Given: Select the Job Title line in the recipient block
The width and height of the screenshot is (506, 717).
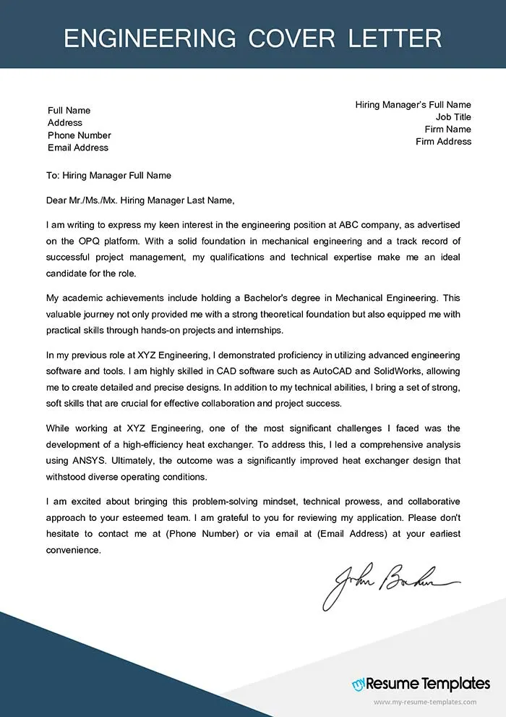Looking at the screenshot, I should [453, 117].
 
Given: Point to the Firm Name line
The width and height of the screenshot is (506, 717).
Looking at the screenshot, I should [448, 130].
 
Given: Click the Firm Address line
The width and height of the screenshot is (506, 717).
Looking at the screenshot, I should [443, 142].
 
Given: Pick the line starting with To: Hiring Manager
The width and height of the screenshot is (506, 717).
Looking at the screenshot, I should [108, 176].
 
